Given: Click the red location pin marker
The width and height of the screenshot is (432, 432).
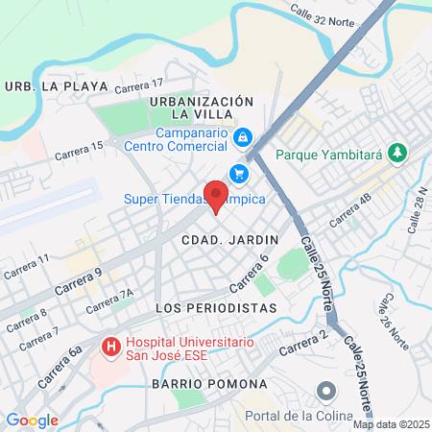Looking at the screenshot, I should pos(217,195).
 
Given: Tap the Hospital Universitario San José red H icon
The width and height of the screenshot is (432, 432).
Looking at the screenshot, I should pos(110,345).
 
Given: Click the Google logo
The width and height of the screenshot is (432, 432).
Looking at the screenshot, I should pos(32,420).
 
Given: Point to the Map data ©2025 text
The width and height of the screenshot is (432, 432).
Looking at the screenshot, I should pos(391,424).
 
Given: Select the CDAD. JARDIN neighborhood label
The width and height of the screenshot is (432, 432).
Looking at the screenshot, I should pos(229,238).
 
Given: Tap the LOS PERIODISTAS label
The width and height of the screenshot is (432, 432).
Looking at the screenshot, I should pos(216,307).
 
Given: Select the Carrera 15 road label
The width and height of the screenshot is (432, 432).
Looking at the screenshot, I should pos(79,148).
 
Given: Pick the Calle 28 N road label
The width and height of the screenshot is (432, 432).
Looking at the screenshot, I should pos(418,211).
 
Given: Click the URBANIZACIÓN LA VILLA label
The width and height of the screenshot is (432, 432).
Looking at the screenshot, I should pos(202,108).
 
